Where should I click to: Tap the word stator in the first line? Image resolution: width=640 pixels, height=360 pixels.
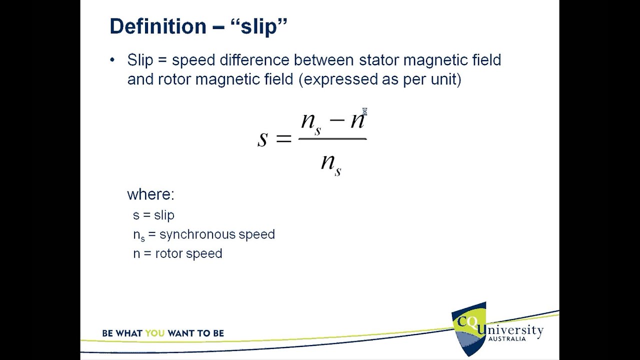(379, 60)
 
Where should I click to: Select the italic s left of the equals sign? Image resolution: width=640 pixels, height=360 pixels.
(262, 138)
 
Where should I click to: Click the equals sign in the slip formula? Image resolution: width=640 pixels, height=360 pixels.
(283, 138)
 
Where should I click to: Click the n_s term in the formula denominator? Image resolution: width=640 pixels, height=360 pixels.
(331, 163)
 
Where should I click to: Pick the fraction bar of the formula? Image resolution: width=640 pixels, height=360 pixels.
(332, 138)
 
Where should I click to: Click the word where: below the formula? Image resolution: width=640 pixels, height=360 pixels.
(150, 194)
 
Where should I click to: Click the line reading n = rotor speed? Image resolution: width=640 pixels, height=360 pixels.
(177, 253)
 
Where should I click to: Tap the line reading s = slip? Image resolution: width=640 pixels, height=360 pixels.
(153, 215)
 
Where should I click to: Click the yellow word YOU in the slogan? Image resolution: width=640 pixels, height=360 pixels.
(155, 333)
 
